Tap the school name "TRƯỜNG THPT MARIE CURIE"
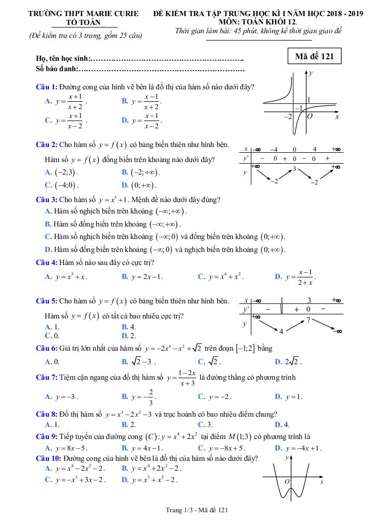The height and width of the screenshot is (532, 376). point(84,14)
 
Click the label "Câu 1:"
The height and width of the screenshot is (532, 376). point(46,87)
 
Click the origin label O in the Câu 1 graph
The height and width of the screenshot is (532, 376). point(310,116)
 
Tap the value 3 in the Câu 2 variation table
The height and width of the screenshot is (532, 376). point(294,169)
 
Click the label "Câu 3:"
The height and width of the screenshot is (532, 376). point(46,199)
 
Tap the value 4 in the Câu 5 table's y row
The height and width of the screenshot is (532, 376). point(281,331)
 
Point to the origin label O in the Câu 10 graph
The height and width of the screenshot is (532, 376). point(287,482)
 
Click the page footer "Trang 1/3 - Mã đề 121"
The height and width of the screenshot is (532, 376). point(187,510)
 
